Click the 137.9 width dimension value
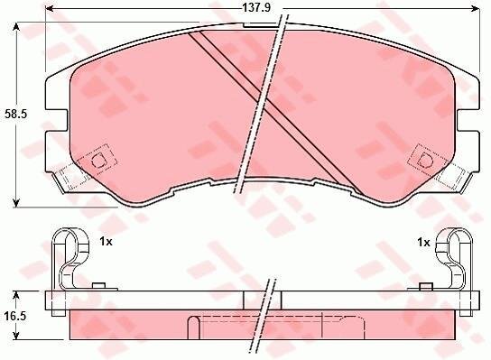(256, 8)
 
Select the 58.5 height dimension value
(16, 114)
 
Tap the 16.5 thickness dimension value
(15, 316)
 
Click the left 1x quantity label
(106, 242)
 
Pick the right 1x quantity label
(423, 242)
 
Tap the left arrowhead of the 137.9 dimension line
(50, 8)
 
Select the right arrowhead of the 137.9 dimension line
(476, 8)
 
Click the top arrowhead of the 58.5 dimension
(16, 28)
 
